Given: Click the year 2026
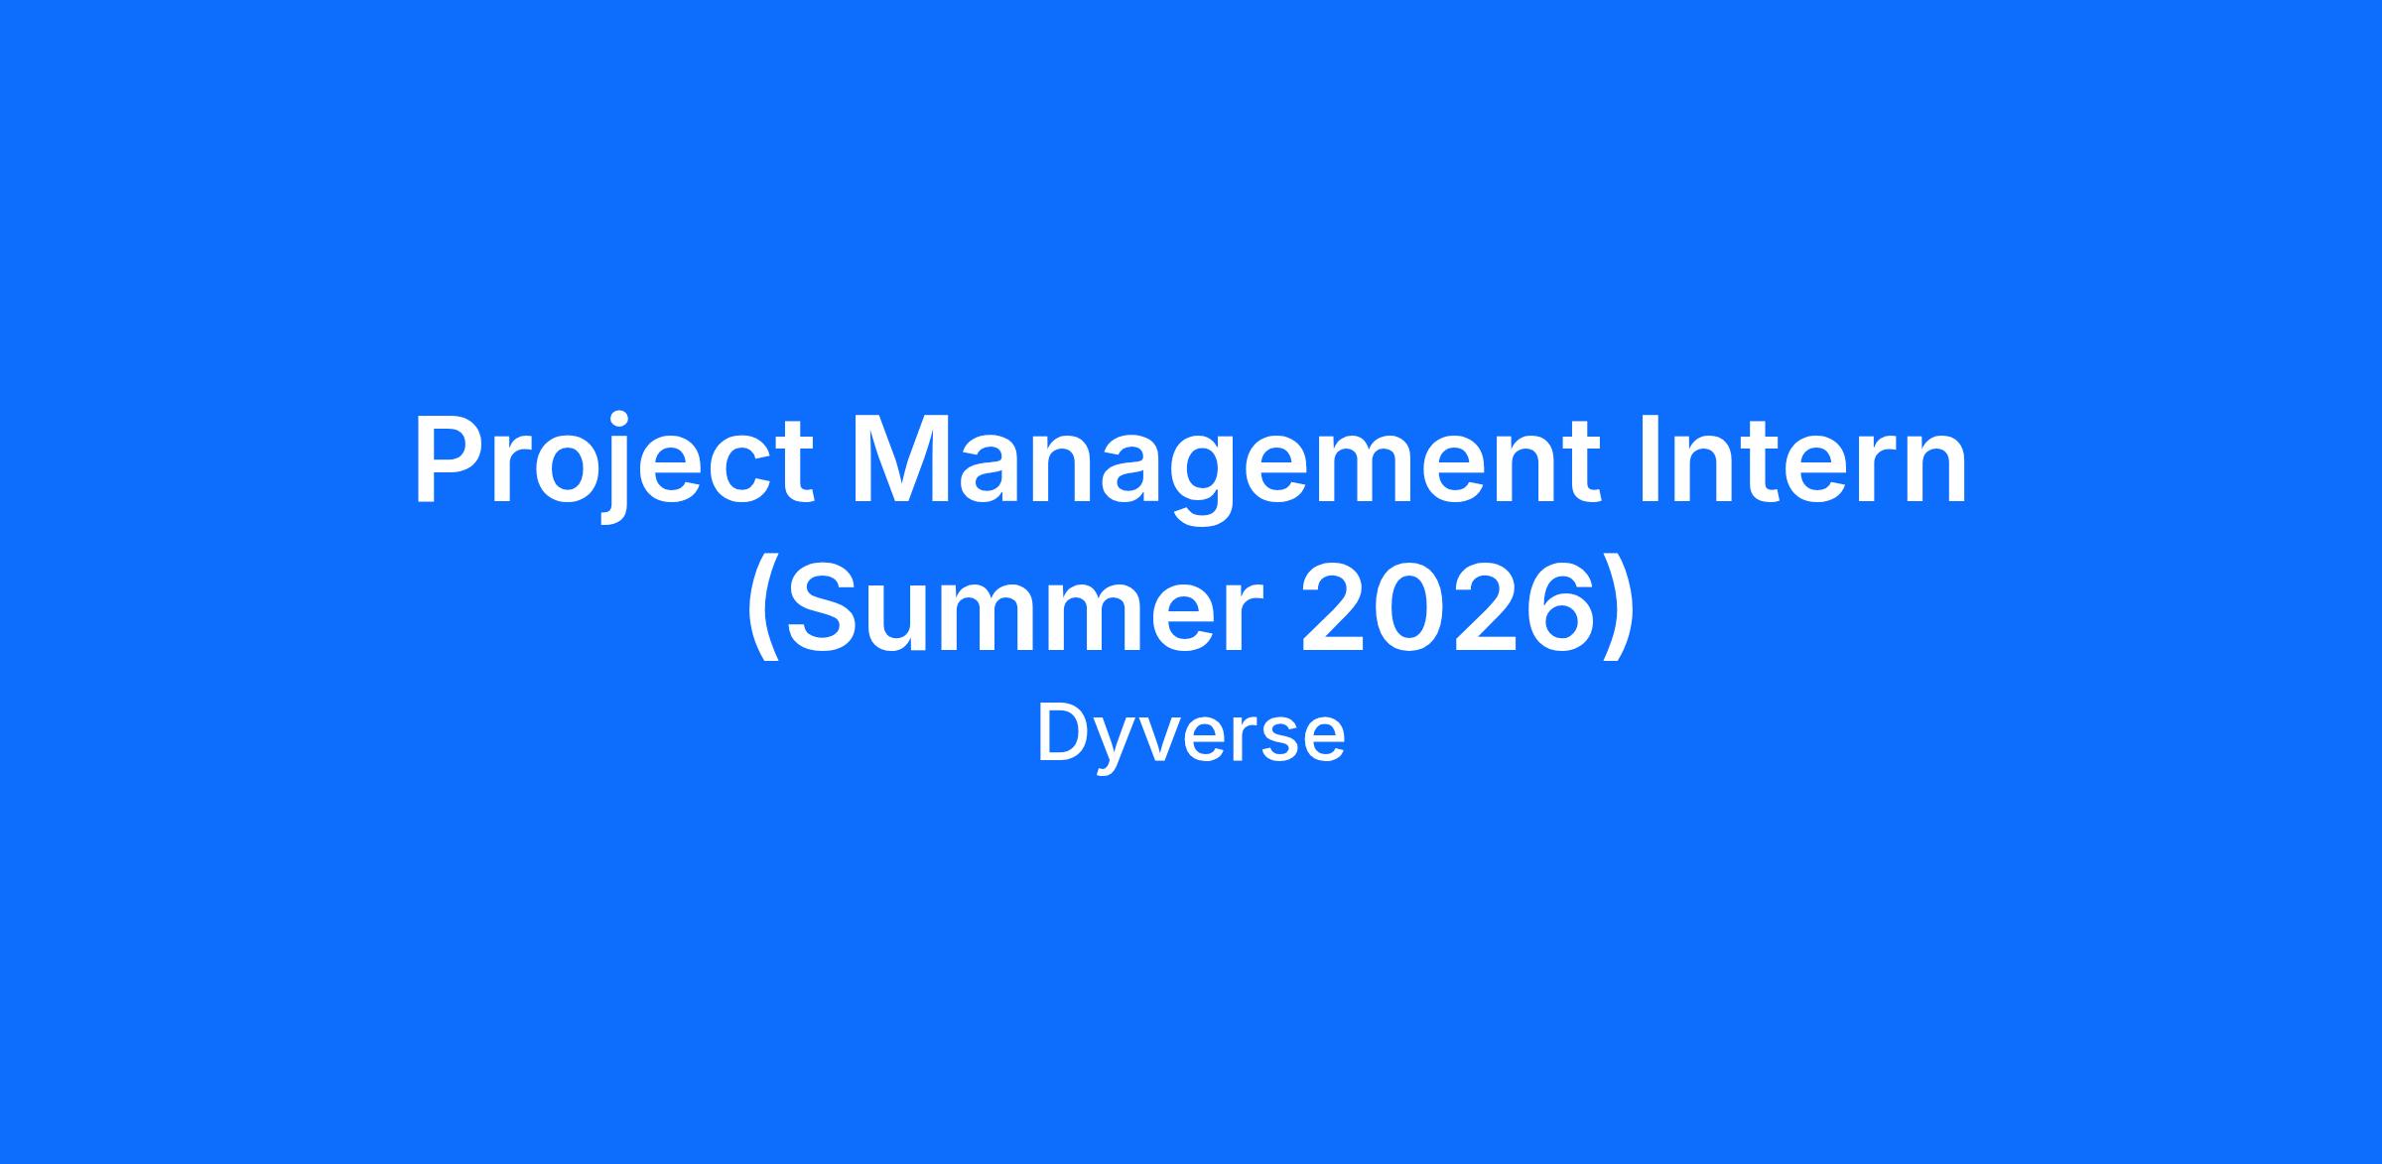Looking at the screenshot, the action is (1454, 606).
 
